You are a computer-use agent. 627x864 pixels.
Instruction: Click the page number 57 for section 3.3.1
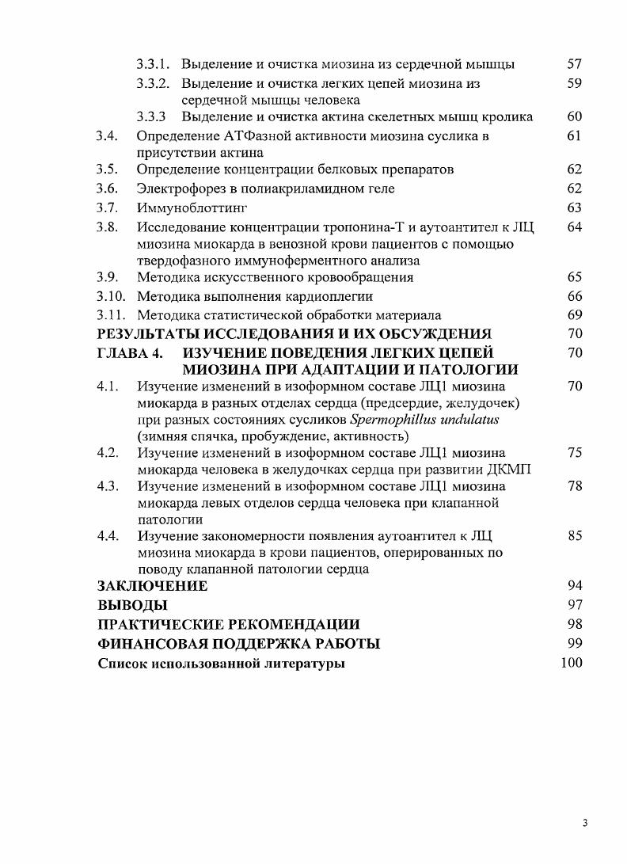[x=575, y=63]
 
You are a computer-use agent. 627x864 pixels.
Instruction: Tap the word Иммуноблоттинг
[x=192, y=208]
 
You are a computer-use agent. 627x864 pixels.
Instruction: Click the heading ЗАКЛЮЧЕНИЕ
[x=153, y=586]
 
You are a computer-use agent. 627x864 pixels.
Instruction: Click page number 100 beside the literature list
[x=571, y=663]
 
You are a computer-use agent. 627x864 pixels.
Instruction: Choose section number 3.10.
[x=112, y=296]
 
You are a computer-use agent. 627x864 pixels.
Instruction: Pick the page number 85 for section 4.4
[x=575, y=536]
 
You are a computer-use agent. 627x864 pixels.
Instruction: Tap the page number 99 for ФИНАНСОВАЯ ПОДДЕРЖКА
[x=575, y=644]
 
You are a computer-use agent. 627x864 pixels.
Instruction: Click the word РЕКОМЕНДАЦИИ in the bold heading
[x=298, y=625]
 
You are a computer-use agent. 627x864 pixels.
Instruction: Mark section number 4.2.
[x=108, y=453]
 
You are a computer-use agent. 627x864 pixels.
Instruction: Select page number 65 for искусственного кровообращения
[x=575, y=277]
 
